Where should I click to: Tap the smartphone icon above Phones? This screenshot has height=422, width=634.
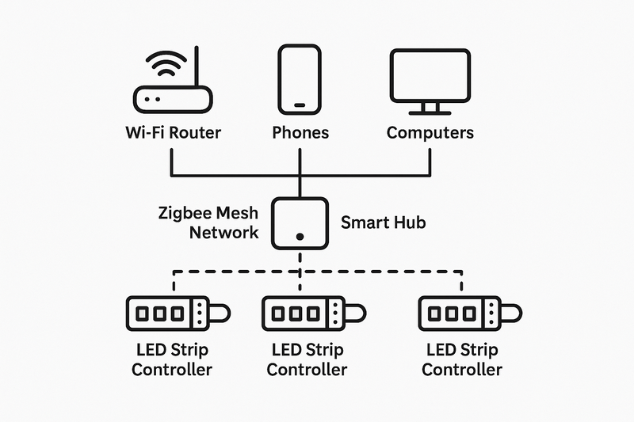point(300,79)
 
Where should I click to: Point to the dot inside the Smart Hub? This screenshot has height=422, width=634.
point(300,236)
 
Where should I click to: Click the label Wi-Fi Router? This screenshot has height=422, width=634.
point(172,132)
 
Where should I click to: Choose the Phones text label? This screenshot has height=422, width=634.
point(300,132)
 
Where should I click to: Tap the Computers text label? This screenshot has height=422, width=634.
point(430,132)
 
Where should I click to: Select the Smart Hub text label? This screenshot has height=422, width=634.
point(383,222)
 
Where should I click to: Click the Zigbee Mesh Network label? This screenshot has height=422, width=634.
point(209,222)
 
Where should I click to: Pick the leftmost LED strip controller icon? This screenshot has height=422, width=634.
point(177,314)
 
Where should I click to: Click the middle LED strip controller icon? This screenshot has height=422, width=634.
point(313,314)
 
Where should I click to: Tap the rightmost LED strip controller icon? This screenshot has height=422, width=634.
point(468,314)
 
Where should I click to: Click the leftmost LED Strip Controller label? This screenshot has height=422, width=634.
point(172,359)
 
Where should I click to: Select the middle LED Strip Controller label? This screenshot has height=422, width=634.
point(307,359)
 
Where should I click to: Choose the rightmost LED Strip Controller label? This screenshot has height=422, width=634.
point(462,359)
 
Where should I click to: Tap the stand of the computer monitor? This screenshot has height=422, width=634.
point(430,108)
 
